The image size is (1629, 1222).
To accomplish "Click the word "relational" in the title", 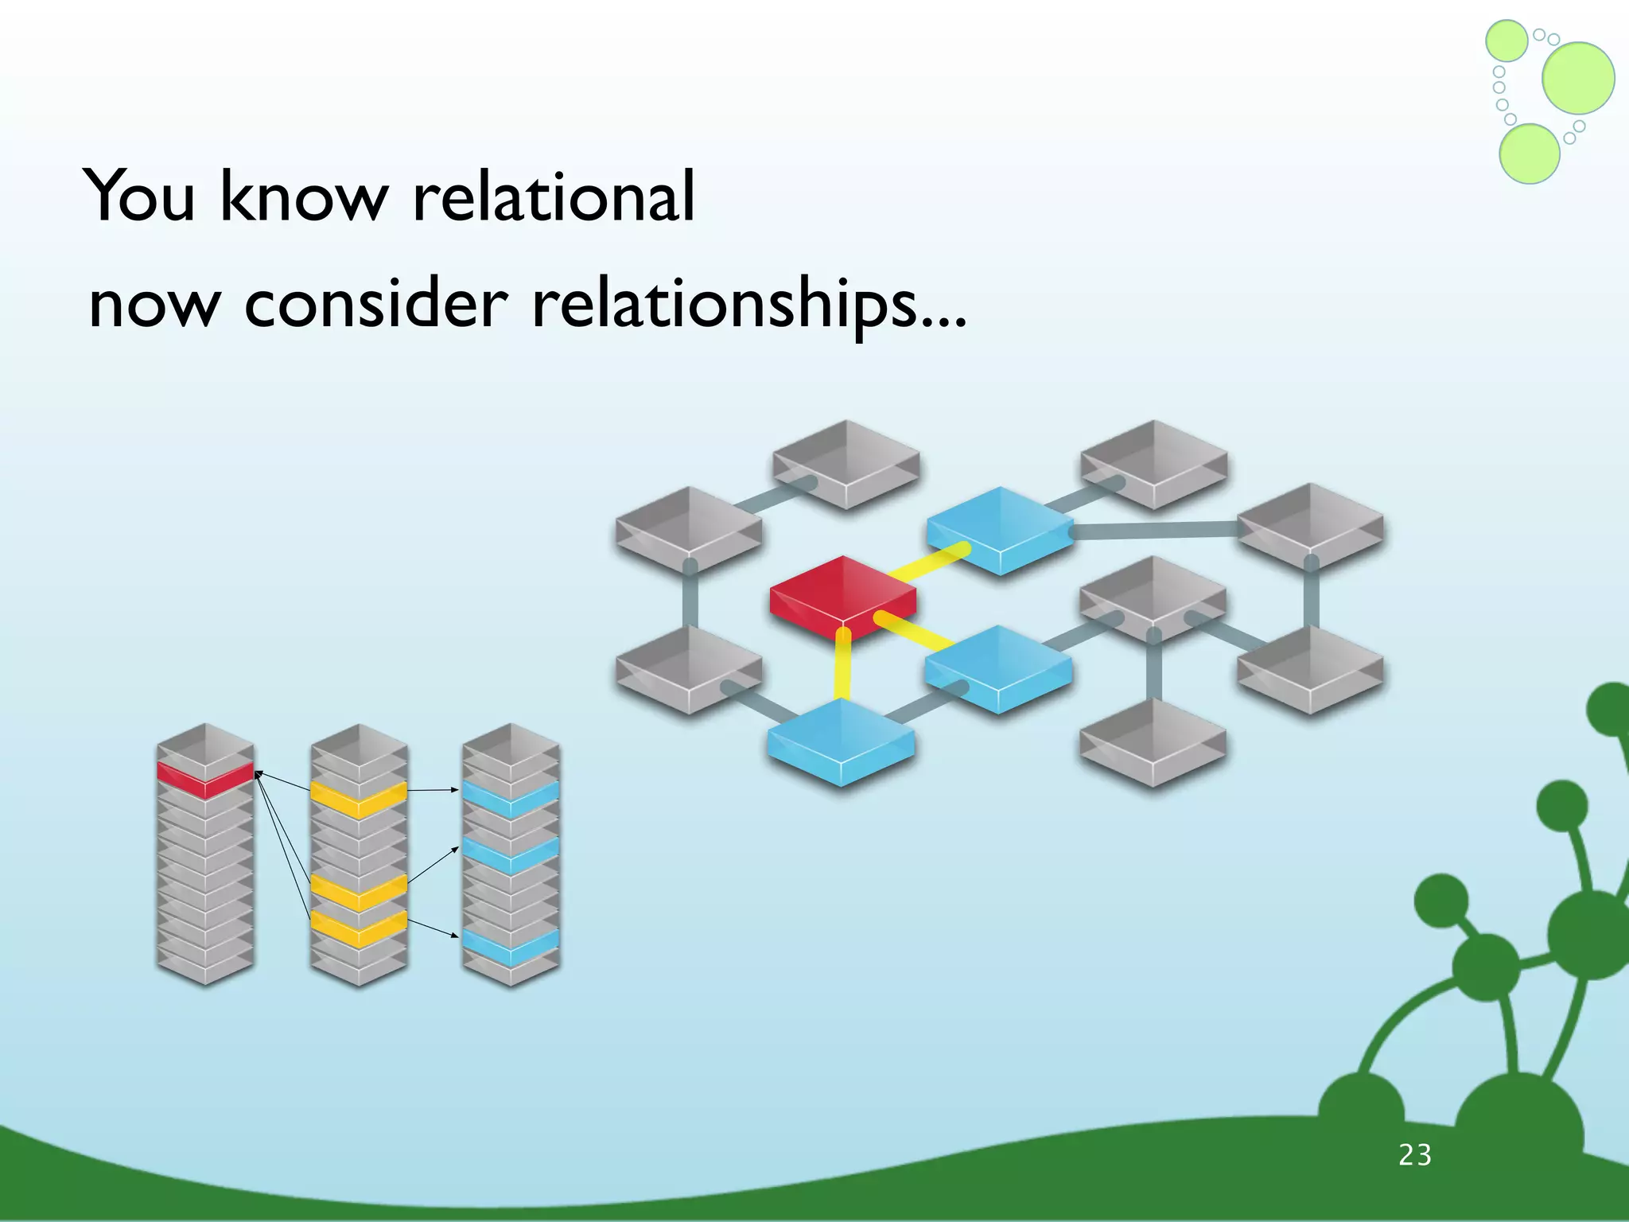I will pyautogui.click(x=554, y=196).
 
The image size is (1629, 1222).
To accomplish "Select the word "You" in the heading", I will pyautogui.click(x=139, y=196).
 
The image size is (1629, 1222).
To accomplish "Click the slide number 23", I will pyautogui.click(x=1415, y=1155).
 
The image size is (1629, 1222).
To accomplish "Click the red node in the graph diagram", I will pyautogui.click(x=842, y=593).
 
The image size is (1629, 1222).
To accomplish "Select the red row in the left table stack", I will pyautogui.click(x=205, y=778).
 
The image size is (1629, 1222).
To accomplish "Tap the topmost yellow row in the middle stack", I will pyautogui.click(x=359, y=798).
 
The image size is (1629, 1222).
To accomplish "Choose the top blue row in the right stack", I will pyautogui.click(x=511, y=797).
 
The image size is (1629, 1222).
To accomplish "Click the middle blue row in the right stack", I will pyautogui.click(x=511, y=854).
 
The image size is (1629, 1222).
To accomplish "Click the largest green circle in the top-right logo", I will pyautogui.click(x=1578, y=78).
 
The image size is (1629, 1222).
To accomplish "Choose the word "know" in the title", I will pyautogui.click(x=303, y=196).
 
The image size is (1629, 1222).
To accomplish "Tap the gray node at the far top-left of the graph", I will pyautogui.click(x=689, y=527).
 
